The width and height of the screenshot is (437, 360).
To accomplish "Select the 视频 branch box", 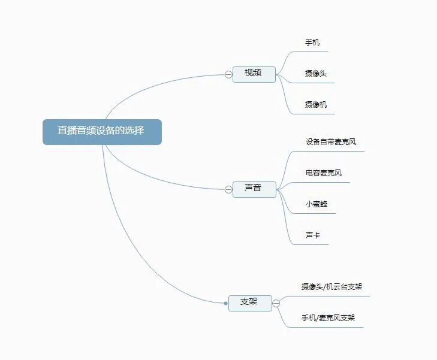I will pos(254,74).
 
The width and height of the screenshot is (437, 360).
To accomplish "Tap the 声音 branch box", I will pos(254,189).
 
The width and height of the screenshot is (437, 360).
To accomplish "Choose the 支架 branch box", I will pos(249,302).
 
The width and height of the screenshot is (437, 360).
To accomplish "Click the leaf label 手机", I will pos(312,43).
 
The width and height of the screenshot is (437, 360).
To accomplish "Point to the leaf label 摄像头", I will pos(315,74).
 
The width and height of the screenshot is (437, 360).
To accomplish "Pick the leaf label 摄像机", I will pos(315,105).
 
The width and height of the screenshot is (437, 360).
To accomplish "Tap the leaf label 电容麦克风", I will pos(324,174).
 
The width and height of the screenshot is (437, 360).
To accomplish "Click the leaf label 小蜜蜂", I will pos(317,204).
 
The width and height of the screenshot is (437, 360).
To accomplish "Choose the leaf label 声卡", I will pos(312,235).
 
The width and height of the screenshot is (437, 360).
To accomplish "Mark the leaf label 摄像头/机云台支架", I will pos(331,287).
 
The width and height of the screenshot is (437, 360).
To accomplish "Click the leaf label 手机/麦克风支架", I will pos(328,318).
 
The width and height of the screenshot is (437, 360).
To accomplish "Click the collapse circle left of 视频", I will pos(228,74).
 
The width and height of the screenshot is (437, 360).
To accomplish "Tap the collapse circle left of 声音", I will pos(228,189).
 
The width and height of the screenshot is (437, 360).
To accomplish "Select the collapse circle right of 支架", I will pos(276,303).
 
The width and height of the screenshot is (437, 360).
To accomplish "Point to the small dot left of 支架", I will pos(225,303).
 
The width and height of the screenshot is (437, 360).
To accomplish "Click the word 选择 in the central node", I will pos(135,131).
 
